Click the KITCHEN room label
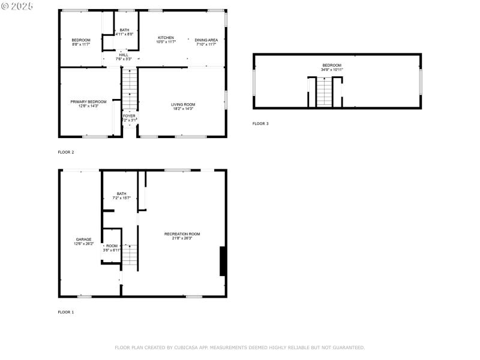166,37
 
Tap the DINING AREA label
206,40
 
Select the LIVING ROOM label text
183,104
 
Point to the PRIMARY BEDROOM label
88,102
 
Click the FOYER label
129,116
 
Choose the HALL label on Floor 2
123,55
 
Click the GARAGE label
83,239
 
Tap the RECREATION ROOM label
182,233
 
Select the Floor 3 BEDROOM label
331,65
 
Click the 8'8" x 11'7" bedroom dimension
80,44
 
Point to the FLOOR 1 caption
66,312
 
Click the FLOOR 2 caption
66,152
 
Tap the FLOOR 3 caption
260,124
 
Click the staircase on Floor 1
130,255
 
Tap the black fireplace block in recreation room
223,261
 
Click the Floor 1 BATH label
121,194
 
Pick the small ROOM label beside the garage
112,246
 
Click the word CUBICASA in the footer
184,347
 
